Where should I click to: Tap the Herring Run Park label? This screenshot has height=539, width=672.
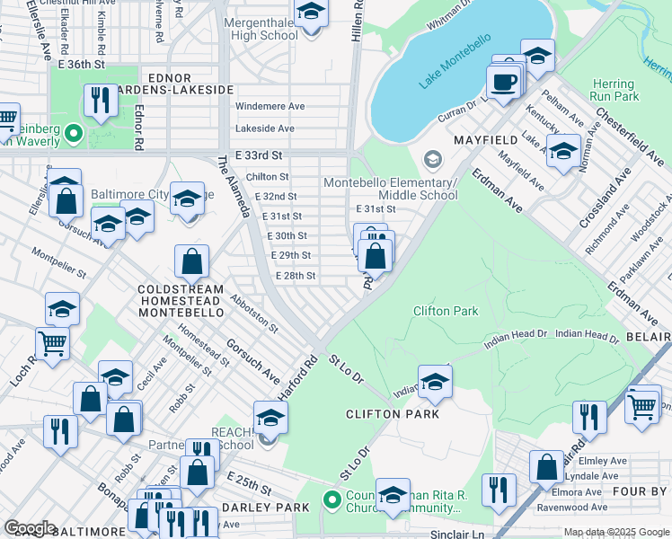(x=614, y=90)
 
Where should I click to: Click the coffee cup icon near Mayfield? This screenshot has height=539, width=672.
(x=503, y=82)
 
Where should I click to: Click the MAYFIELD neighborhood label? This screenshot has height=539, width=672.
(x=485, y=140)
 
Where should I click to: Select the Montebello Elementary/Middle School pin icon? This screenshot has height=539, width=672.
(x=433, y=159)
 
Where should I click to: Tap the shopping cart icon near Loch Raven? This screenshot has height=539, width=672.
(x=52, y=342)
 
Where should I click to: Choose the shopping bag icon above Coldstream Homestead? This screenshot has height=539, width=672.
(x=192, y=262)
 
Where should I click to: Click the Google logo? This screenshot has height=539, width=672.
(x=30, y=528)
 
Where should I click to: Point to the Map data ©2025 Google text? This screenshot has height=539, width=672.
(x=615, y=532)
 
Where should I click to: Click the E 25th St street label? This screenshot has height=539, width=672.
(x=249, y=485)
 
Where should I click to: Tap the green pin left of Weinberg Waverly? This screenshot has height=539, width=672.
(x=74, y=136)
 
